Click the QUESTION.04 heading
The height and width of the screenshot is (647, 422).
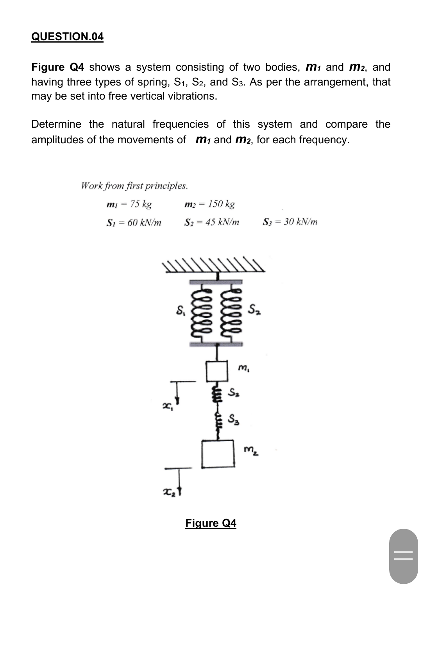(x=67, y=37)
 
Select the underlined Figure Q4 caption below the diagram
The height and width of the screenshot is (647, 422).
(x=211, y=523)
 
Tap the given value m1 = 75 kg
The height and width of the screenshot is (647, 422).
(x=129, y=204)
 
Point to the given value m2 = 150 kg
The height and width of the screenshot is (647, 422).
(x=209, y=204)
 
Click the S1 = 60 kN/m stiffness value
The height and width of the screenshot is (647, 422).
(x=134, y=223)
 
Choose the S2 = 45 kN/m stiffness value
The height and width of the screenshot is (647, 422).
(x=211, y=223)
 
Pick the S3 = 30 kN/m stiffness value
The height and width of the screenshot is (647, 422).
(x=290, y=222)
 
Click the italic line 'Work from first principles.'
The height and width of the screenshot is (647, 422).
(x=134, y=185)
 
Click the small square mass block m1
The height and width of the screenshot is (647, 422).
(x=217, y=371)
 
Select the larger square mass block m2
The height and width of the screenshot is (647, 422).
(x=218, y=453)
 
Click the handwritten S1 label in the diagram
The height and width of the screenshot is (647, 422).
(x=180, y=312)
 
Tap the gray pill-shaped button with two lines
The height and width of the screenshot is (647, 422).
(x=403, y=556)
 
